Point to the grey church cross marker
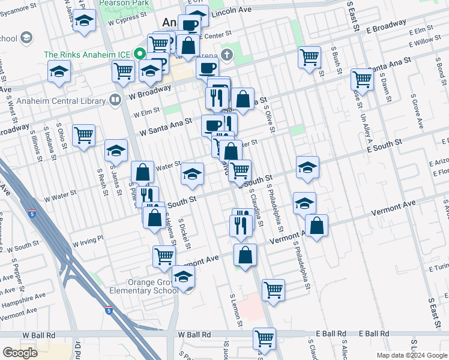pos(226,55)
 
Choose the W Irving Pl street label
pos(88,241)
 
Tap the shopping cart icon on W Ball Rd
pos(264,337)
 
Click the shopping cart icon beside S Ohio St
pos(83,134)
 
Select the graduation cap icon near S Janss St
pos(116,150)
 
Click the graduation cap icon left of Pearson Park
pos(85,22)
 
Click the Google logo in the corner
pos(20,352)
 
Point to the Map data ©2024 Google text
pos(412,355)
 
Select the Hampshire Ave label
pos(22,297)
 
